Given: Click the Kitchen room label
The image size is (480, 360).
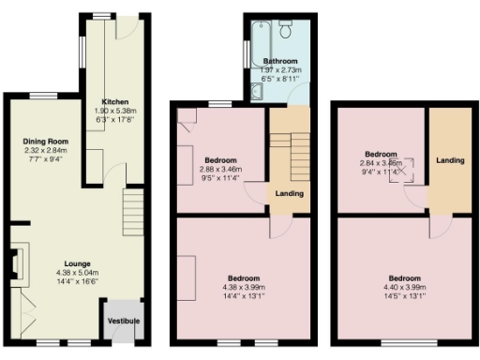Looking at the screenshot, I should (x=116, y=102).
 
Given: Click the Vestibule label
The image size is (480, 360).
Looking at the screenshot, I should (x=124, y=322).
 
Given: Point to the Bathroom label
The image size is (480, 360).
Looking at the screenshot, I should (x=280, y=62).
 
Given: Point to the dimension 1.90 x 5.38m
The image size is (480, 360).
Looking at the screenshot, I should (x=116, y=111).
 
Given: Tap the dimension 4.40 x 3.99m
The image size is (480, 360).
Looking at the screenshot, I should (x=405, y=287).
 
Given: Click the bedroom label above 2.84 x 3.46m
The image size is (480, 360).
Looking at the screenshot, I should (x=381, y=153).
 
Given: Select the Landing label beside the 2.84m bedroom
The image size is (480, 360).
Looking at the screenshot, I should (x=449, y=160).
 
